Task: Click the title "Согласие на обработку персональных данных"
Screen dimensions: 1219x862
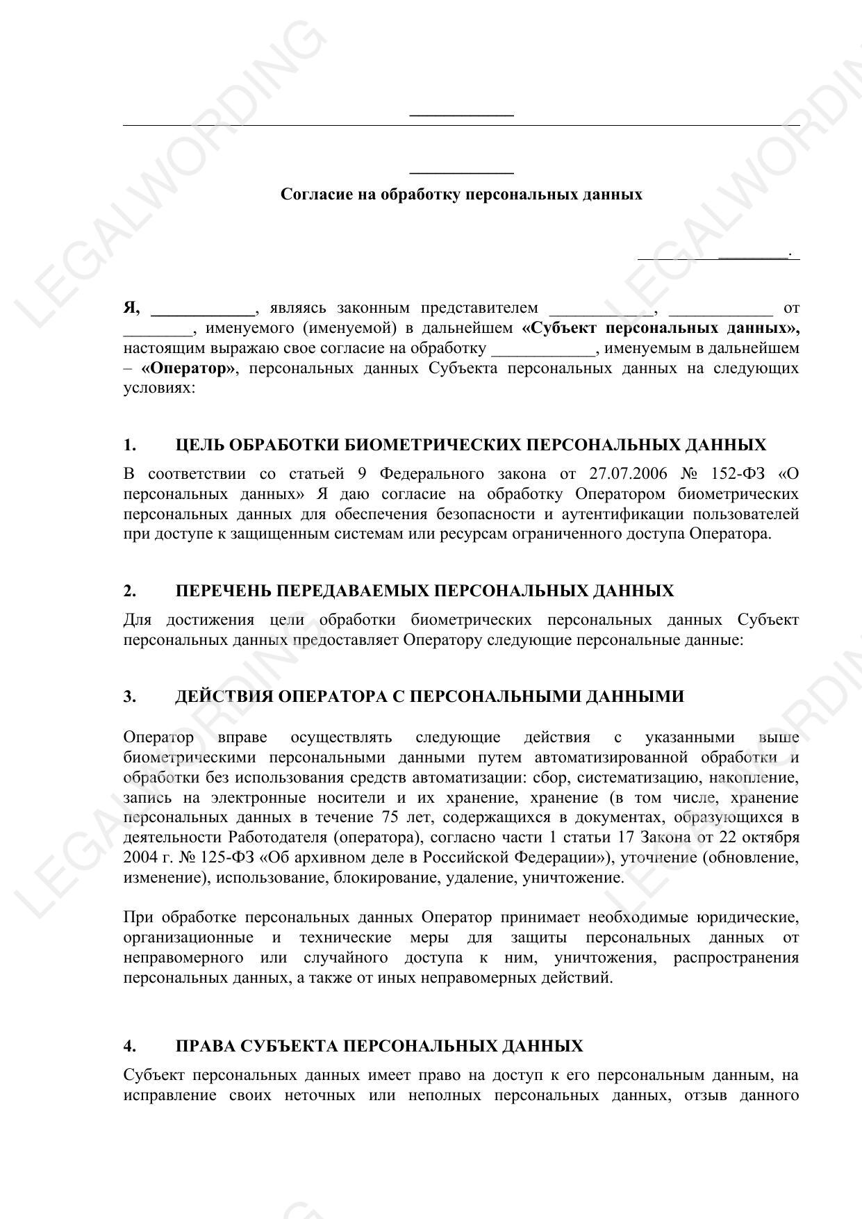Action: (x=461, y=195)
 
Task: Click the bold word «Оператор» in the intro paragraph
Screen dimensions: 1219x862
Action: (x=188, y=368)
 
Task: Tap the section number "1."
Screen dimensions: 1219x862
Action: (x=130, y=445)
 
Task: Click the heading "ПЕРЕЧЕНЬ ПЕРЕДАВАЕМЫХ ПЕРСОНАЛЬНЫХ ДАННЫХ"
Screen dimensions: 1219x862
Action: (x=424, y=591)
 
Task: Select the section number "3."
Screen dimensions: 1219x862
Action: (x=130, y=696)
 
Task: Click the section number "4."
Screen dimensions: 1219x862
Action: (x=130, y=1046)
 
